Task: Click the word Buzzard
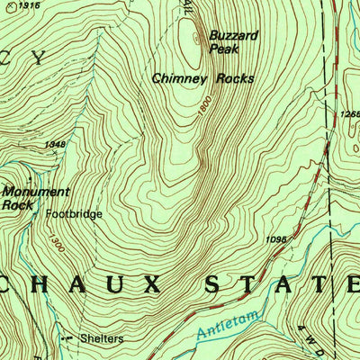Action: tap(233, 35)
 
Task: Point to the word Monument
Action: tap(35, 192)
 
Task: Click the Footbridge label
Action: tap(75, 215)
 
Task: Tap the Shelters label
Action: tap(101, 339)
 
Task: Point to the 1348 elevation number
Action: tap(55, 144)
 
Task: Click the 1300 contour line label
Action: tap(57, 242)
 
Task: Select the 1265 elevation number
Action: tap(350, 114)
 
